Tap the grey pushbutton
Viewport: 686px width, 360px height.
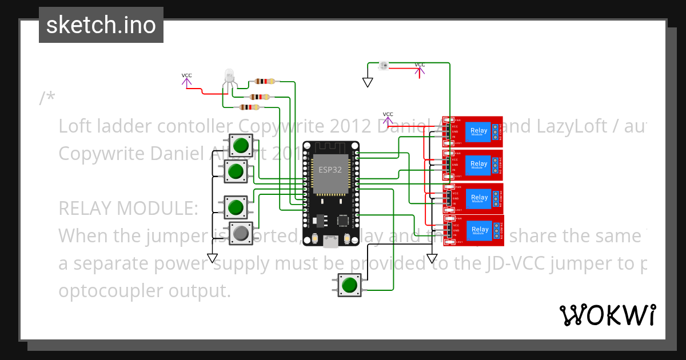coord(241,233)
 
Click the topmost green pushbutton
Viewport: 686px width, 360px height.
coord(241,145)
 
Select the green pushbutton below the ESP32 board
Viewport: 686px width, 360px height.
coord(349,285)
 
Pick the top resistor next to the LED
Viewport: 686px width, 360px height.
coord(264,82)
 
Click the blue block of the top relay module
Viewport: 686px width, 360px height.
coord(478,132)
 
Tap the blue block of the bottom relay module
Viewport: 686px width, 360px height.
coord(478,230)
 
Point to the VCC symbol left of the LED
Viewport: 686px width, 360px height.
coord(187,81)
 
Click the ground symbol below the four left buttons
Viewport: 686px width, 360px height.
coord(212,258)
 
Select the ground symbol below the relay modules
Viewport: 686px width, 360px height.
coord(432,258)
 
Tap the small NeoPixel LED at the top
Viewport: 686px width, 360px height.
coord(382,66)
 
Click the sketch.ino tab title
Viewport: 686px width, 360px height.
coord(101,25)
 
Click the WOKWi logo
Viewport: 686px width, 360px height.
coord(607,315)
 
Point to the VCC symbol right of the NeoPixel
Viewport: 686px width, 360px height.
coord(420,69)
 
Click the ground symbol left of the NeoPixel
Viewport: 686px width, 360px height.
coord(368,82)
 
